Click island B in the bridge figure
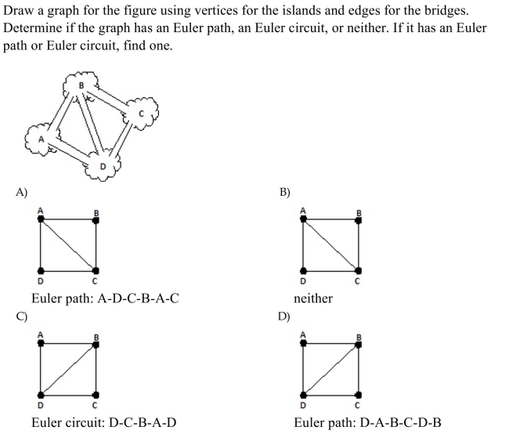click(x=81, y=85)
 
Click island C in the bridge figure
click(x=142, y=114)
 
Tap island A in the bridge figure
click(x=42, y=139)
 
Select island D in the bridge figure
click(x=103, y=166)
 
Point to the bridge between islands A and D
click(x=72, y=151)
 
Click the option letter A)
click(x=21, y=192)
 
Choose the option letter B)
click(x=285, y=192)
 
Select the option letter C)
click(x=21, y=316)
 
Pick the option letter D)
click(x=284, y=316)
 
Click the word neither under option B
click(x=313, y=298)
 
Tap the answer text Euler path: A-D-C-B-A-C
click(x=105, y=298)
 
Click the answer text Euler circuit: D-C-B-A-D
click(x=104, y=422)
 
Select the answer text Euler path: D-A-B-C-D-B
click(x=367, y=422)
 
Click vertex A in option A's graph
click(x=41, y=219)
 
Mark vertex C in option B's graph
click(x=358, y=270)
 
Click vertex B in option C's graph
click(x=96, y=345)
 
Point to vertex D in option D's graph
click(x=303, y=395)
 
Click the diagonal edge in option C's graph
click(x=68, y=370)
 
